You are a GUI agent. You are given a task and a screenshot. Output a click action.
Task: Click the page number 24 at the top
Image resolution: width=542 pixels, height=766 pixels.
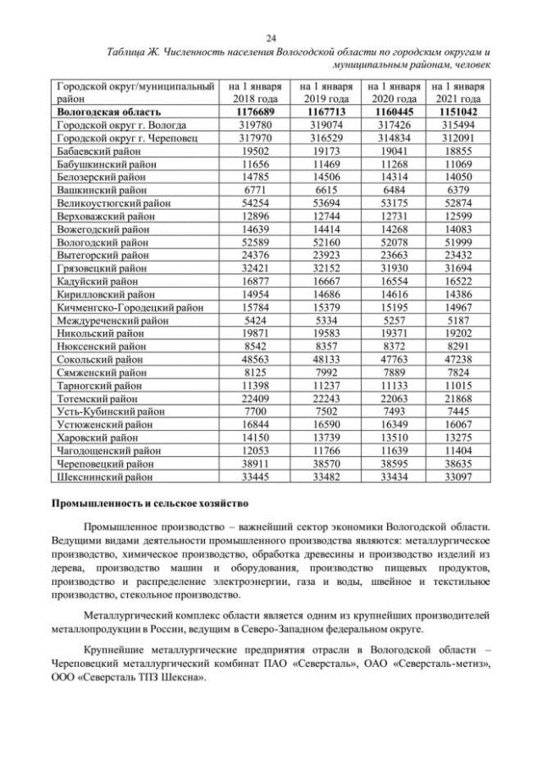[x=271, y=38]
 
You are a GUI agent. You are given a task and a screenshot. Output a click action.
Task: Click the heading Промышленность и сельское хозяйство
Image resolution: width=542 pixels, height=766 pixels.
[x=151, y=505]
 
